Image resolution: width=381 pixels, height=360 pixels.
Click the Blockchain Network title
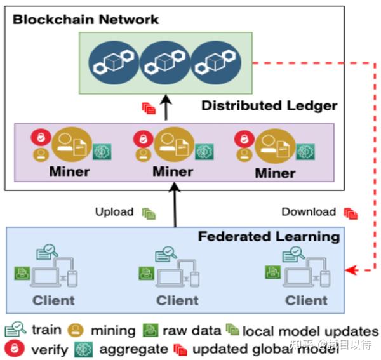point(86,19)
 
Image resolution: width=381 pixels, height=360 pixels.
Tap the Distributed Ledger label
point(269,105)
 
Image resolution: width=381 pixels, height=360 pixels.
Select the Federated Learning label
point(269,237)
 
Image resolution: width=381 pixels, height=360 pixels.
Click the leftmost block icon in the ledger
point(111,62)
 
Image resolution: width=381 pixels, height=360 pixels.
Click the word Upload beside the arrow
point(114,212)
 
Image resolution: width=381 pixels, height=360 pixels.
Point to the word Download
point(308,212)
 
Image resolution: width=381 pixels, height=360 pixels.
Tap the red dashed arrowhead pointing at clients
point(351,270)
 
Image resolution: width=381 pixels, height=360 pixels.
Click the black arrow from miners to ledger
point(167,108)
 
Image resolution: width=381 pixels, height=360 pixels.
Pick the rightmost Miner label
point(275,173)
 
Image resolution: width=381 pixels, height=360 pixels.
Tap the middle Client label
point(177,300)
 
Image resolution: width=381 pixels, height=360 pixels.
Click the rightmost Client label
point(307,300)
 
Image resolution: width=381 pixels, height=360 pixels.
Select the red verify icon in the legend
point(12,349)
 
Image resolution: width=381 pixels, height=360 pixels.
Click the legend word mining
point(113,330)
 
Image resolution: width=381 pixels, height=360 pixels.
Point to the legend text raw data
point(191,330)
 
